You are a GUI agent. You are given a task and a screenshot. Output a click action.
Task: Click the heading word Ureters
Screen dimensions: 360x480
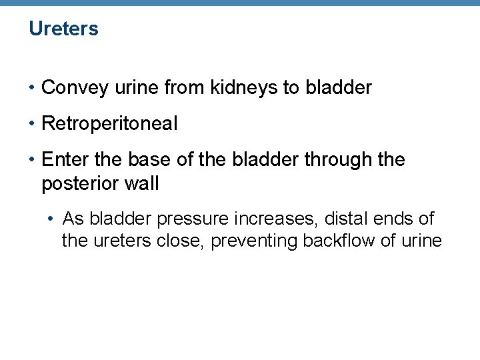(63, 29)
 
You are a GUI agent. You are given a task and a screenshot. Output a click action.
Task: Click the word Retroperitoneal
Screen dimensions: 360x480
(109, 123)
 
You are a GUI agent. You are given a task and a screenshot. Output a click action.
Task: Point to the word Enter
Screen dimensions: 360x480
(61, 160)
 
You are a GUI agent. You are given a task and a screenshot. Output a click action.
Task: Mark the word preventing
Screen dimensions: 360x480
(254, 241)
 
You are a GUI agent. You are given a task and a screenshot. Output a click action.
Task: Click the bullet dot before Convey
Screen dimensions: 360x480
(33, 88)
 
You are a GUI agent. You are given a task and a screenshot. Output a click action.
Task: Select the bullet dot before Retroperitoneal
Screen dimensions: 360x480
(33, 124)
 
